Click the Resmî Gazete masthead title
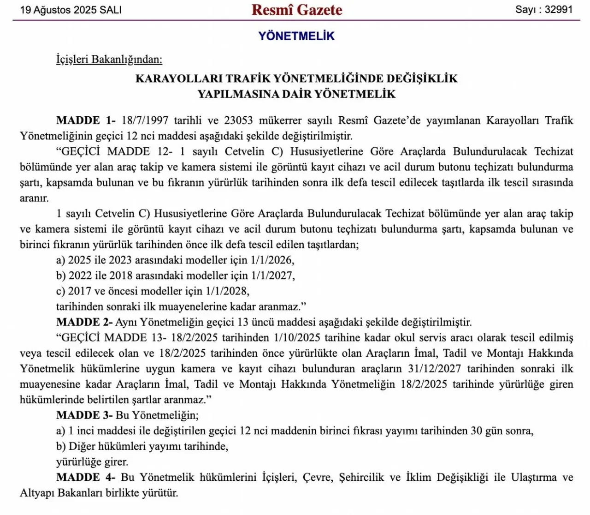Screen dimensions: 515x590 [296, 10]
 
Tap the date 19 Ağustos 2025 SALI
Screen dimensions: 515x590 [71, 10]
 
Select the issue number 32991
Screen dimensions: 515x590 [558, 10]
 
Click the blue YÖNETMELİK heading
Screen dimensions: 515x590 [296, 36]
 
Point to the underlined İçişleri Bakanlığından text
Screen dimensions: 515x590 [109, 60]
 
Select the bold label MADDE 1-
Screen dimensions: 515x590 [86, 120]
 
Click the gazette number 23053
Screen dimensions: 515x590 [238, 120]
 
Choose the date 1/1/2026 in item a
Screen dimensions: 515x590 [272, 260]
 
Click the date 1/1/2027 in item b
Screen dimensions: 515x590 [272, 275]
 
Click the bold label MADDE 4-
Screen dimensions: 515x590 [86, 477]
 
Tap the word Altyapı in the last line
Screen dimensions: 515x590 [37, 493]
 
